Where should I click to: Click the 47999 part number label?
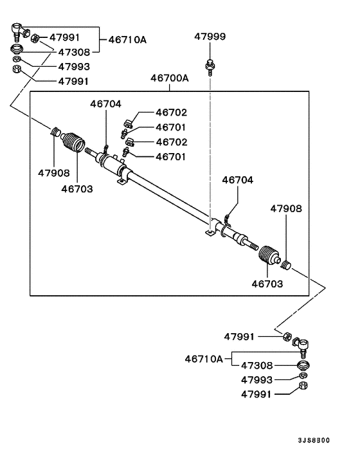[210, 38]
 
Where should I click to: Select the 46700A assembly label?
[170, 78]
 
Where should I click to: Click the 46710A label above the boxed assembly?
[127, 40]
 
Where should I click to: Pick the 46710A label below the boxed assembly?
[203, 358]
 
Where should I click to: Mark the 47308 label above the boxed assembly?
[74, 51]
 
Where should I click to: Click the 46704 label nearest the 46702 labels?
[105, 104]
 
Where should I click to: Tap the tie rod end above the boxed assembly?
[19, 30]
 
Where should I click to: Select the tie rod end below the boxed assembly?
[300, 346]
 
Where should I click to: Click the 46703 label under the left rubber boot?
[77, 189]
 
